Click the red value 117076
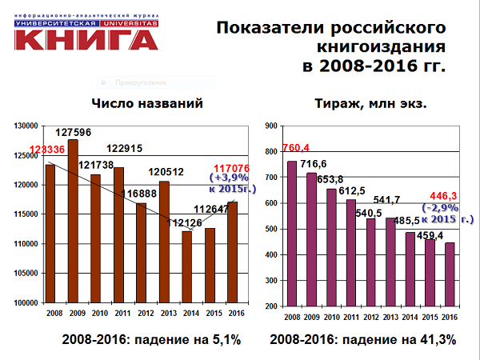coord(234,168)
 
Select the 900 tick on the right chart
coord(270,126)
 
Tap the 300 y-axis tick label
coord(270,280)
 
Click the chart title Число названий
coord(142,103)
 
